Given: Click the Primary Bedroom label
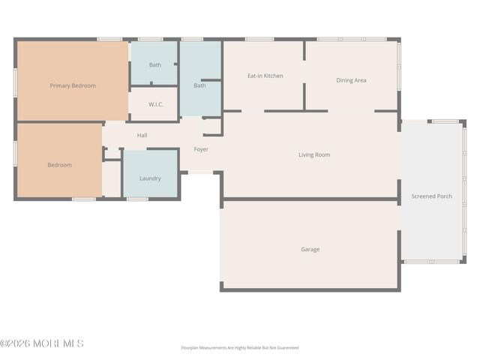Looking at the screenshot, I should click(73, 85).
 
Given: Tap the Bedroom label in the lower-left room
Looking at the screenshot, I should click(60, 165).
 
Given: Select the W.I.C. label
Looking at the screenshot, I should click(156, 104).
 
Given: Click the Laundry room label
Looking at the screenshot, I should click(150, 178).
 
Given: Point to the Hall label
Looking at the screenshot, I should click(142, 136).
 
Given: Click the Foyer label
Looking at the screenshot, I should click(201, 149).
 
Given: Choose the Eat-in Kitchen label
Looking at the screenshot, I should click(265, 76).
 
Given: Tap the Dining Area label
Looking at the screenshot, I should click(351, 80).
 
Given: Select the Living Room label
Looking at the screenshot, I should click(314, 155).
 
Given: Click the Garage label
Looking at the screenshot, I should click(310, 250).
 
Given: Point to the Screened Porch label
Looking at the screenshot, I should click(431, 196).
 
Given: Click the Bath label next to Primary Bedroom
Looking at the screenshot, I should click(154, 65).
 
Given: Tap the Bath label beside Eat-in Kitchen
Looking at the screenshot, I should click(199, 85).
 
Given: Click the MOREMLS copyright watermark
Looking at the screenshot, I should click(42, 343).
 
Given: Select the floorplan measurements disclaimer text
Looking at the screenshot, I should click(239, 348).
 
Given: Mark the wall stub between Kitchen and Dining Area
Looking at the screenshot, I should click(304, 96).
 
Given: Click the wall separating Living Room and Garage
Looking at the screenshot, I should click(310, 199).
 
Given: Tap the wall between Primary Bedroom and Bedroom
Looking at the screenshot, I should click(60, 122).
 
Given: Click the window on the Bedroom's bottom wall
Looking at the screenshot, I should click(83, 199).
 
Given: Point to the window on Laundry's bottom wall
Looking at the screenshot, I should click(136, 199).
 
